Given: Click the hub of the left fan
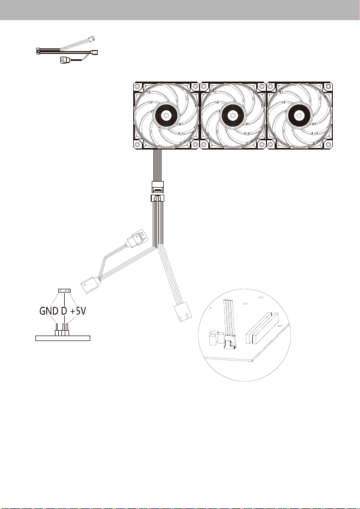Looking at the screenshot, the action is pos(165,115).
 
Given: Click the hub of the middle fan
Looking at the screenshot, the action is pos(232,115).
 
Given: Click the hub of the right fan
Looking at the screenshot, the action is pos(299,115).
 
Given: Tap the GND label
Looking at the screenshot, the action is pos(49,311).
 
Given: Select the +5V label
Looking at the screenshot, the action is pos(78,311).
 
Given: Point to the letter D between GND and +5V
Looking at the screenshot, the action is pos(64,311).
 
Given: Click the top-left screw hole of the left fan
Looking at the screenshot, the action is pos(137,86).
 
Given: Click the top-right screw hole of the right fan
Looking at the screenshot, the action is pos(328,86).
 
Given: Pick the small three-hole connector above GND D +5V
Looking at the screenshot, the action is pos(64,290).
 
